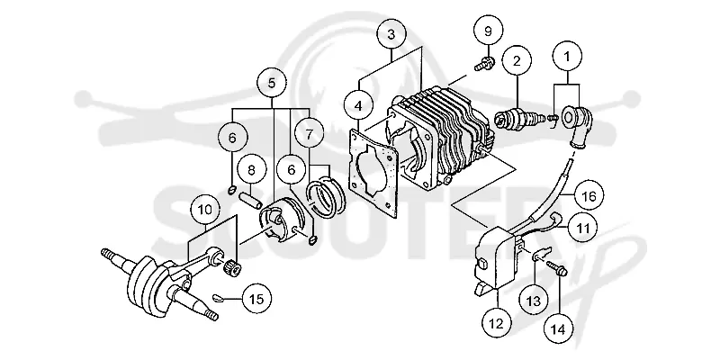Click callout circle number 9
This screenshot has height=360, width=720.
click(x=488, y=31)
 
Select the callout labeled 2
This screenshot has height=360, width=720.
click(x=517, y=60)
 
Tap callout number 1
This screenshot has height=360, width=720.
click(x=567, y=57)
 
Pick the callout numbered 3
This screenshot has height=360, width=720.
click(x=391, y=35)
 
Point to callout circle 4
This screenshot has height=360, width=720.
click(x=358, y=105)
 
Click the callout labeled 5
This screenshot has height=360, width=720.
click(x=272, y=84)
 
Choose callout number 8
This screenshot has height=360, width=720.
click(x=251, y=171)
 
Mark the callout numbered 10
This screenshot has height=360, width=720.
click(x=205, y=211)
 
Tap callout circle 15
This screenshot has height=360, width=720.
click(x=256, y=299)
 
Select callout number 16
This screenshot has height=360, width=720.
click(x=589, y=196)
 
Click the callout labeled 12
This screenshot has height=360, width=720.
click(x=497, y=324)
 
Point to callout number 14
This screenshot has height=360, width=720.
click(x=559, y=328)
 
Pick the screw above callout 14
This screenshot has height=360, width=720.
click(x=557, y=268)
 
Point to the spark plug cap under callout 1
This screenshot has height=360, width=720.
click(x=577, y=125)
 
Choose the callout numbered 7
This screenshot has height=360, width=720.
click(x=309, y=134)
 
